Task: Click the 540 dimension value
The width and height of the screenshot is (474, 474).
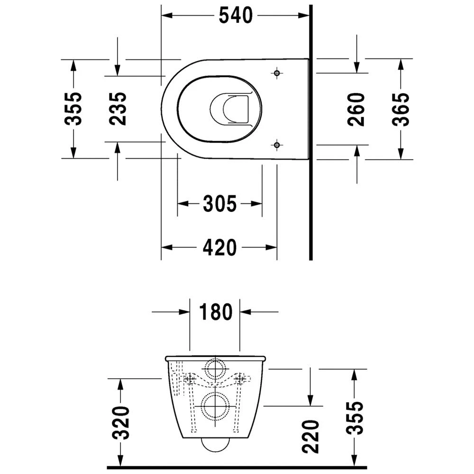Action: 236,16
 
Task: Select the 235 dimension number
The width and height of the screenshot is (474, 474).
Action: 118,109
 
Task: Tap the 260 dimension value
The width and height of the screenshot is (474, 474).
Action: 356,109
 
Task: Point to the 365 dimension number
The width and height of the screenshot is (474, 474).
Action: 401,109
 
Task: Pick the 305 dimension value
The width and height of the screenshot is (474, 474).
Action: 219,204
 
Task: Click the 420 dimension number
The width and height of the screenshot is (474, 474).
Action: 219,247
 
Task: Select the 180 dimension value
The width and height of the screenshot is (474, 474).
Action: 215,312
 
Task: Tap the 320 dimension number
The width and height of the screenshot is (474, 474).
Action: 123,423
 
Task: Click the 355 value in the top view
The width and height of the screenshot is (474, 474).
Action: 73,109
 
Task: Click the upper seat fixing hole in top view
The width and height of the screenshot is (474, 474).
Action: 277,73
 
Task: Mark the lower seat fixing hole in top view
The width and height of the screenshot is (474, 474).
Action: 277,145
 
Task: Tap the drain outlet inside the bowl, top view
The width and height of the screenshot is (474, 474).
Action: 229,110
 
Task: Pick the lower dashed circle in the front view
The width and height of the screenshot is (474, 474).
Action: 216,406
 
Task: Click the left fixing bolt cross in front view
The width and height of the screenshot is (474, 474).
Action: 190,379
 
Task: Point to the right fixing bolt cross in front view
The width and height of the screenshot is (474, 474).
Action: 241,379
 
